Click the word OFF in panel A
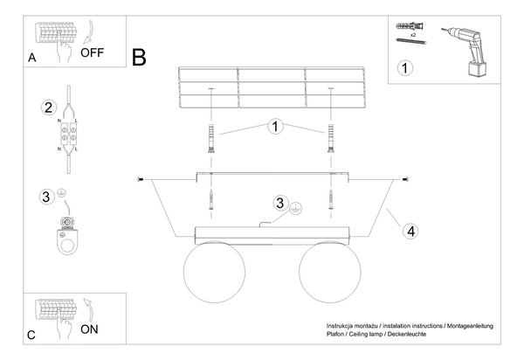coord(93,52)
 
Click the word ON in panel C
coord(89,329)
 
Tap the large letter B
coord(139,57)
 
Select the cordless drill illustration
coord(465,52)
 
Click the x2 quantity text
coord(413,35)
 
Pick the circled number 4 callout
coord(410,232)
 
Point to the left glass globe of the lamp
coord(214,272)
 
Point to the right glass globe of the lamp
coord(330,272)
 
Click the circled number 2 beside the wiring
coord(49,107)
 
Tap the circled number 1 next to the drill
coord(404,68)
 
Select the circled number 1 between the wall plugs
coord(275,127)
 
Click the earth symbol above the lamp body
coord(296,208)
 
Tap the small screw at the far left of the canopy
coord(141,180)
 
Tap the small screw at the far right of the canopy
coord(405,180)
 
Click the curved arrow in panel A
coord(90,33)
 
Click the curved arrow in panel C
coord(88,310)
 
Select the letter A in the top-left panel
coord(31,58)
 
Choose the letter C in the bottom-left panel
coord(31,335)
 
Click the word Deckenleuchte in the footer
coord(407,334)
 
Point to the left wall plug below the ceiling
coord(210,138)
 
